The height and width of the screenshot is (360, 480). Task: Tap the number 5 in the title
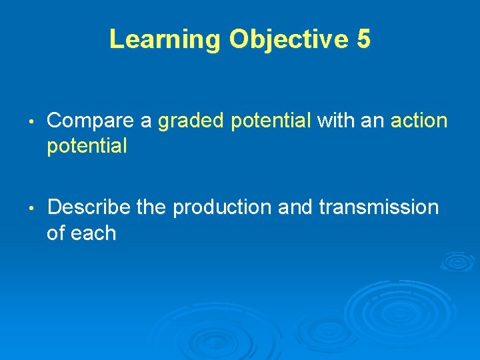(363, 39)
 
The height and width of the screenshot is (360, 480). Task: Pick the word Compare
(92, 121)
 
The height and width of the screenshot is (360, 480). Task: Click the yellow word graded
(191, 121)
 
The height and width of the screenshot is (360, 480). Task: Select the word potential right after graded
(271, 121)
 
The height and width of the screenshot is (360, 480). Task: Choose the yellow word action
(419, 121)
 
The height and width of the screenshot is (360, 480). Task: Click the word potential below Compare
(87, 147)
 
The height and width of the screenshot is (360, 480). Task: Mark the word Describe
(89, 207)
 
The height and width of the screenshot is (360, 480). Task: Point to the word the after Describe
(152, 207)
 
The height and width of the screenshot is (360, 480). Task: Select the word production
(223, 208)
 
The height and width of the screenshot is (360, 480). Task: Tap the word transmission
(379, 207)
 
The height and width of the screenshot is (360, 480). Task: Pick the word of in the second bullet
(57, 233)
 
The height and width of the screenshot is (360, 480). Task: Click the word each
(94, 233)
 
